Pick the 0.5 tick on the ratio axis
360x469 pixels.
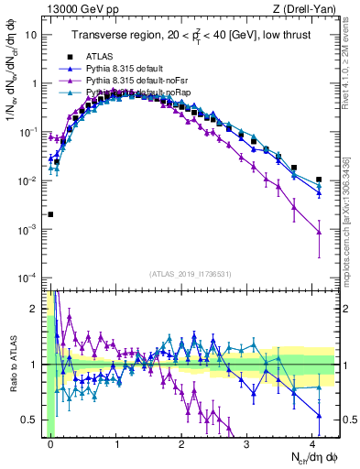click(x=34, y=420)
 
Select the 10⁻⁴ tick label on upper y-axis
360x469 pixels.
click(x=30, y=278)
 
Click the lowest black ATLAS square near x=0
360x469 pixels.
click(x=50, y=214)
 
